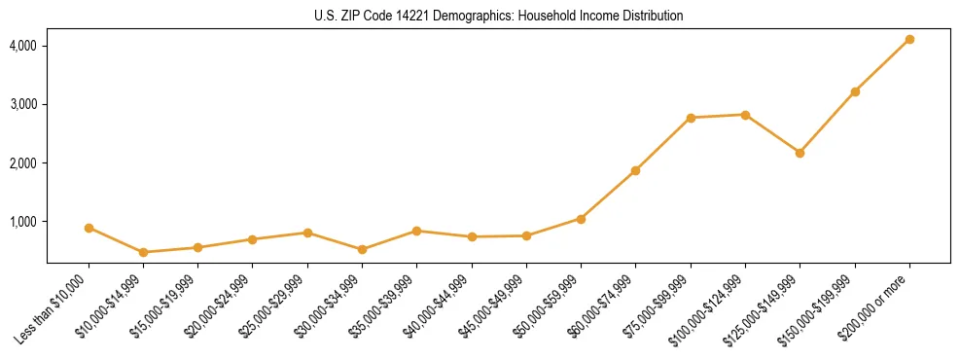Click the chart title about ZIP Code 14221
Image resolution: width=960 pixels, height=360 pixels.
point(499,17)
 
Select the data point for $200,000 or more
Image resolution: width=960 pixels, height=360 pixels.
point(909,39)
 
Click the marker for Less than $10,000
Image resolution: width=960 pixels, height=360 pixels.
point(89,228)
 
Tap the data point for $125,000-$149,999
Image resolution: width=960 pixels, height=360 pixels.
point(800,153)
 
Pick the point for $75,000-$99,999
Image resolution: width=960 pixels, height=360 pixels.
point(691,118)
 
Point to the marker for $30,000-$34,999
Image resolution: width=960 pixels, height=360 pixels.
point(362,249)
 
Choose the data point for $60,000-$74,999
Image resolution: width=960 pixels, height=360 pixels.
point(635,170)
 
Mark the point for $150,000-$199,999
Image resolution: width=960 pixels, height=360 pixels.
point(855,91)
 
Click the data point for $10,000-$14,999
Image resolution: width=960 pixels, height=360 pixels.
point(143,252)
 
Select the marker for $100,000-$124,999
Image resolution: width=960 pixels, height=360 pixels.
point(745,115)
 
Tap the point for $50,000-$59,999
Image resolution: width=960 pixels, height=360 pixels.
point(581,219)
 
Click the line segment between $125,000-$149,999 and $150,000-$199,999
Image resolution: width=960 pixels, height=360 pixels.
point(827,123)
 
